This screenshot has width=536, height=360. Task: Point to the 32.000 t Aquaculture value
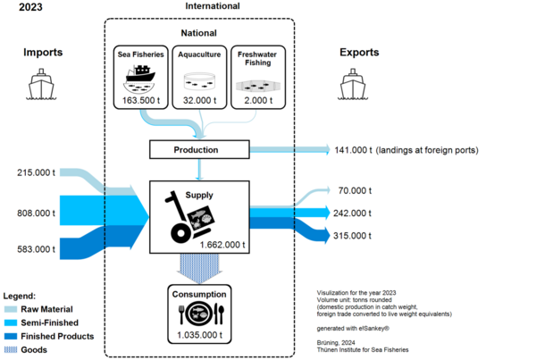[x=199, y=100]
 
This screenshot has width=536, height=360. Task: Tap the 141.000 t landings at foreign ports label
[x=414, y=150]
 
